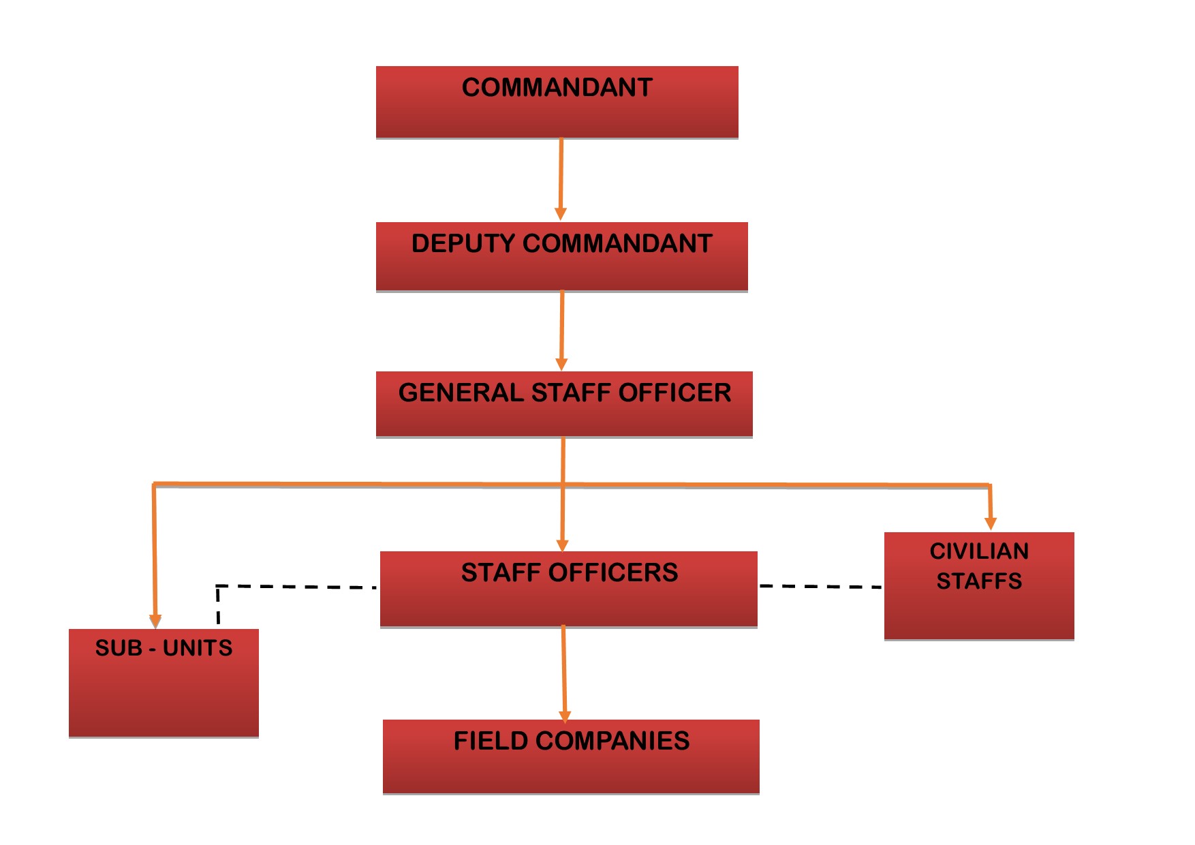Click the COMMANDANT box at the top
pyautogui.click(x=557, y=102)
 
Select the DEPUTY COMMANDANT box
pyautogui.click(x=561, y=257)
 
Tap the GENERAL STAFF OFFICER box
pyautogui.click(x=564, y=403)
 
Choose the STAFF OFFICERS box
pyautogui.click(x=568, y=589)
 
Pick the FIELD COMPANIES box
pyautogui.click(x=571, y=756)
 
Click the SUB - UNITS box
pyautogui.click(x=164, y=683)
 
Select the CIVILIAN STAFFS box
pyautogui.click(x=979, y=586)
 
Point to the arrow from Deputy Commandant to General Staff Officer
pyautogui.click(x=562, y=331)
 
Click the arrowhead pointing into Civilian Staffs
pyautogui.click(x=991, y=523)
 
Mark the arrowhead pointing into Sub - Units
pyautogui.click(x=155, y=619)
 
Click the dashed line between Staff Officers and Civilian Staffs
pyautogui.click(x=820, y=586)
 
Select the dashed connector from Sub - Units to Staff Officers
pyautogui.click(x=293, y=586)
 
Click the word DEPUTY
pyautogui.click(x=463, y=243)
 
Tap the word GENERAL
pyautogui.click(x=461, y=393)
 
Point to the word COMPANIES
pyautogui.click(x=612, y=741)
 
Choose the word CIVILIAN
pyautogui.click(x=979, y=551)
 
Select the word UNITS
pyautogui.click(x=198, y=647)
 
